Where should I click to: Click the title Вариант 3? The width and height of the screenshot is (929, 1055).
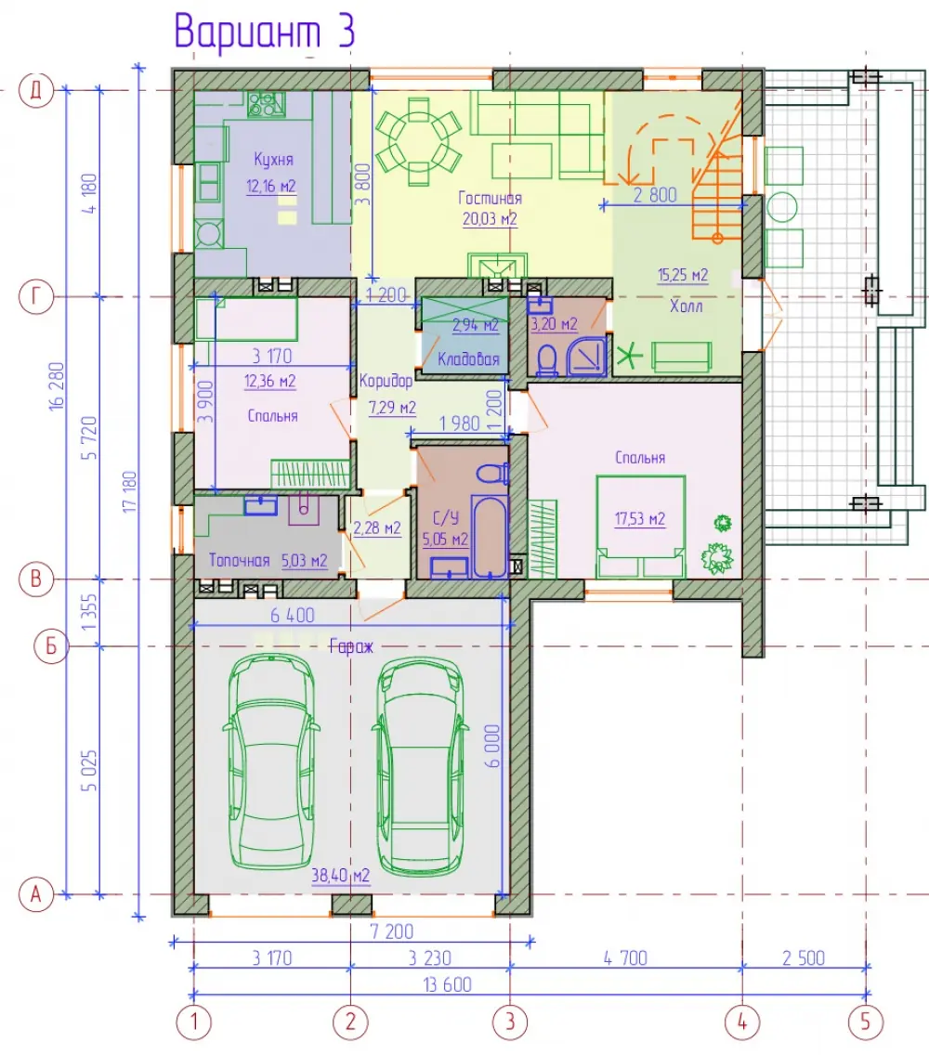[264, 31]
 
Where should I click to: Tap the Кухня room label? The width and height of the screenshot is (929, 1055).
[273, 160]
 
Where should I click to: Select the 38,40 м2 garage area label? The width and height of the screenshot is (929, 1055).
[341, 876]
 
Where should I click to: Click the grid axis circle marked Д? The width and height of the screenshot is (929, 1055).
[35, 89]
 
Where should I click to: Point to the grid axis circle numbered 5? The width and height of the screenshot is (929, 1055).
[866, 1022]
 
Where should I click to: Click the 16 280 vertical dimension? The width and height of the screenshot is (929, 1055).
[57, 386]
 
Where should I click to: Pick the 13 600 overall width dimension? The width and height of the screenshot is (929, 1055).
[447, 985]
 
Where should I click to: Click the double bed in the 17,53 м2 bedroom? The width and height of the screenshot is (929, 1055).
[640, 527]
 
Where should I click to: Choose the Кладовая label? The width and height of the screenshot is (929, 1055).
[468, 359]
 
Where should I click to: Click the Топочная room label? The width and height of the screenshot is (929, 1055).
[239, 561]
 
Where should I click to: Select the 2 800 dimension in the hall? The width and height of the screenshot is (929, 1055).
[655, 195]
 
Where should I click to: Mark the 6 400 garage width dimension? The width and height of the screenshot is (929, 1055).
[293, 615]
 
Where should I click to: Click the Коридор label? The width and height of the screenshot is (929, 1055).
[386, 381]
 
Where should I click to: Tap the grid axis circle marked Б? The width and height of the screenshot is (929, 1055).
[51, 646]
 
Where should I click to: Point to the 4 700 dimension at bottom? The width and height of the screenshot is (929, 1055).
[625, 958]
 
